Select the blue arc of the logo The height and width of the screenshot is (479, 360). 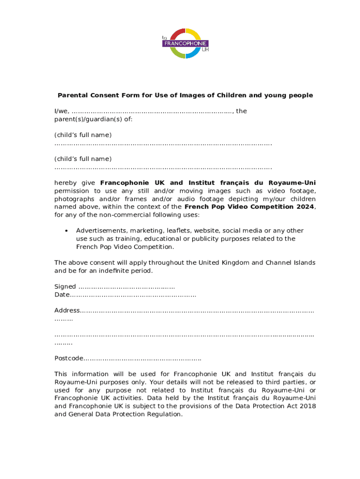194,53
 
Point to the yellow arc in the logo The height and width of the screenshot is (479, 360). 194,34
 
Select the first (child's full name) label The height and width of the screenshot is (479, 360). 83,135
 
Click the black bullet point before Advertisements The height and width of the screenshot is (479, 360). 67,231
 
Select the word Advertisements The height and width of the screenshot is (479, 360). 101,231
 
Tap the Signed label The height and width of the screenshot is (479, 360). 65,287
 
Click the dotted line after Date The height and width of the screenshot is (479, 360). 133,295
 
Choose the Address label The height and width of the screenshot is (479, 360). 67,311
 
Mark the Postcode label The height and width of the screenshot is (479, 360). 69,358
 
